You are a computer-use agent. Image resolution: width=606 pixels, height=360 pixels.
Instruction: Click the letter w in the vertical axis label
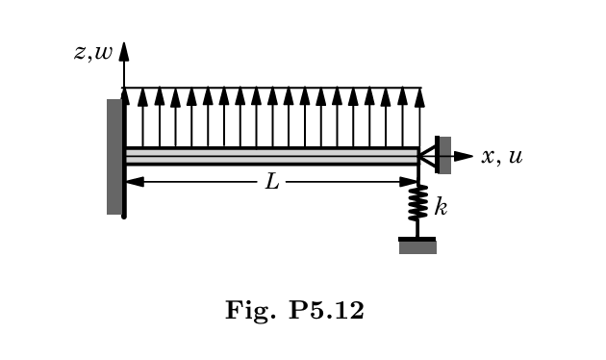102,52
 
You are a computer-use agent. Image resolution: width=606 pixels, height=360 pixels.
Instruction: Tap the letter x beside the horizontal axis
489,156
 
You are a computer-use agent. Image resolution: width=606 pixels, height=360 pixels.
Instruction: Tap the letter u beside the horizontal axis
516,156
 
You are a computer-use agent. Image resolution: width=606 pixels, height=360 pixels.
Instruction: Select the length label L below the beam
272,181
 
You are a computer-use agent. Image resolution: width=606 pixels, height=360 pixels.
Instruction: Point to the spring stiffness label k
441,206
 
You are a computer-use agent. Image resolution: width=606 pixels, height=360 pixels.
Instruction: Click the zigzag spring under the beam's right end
417,204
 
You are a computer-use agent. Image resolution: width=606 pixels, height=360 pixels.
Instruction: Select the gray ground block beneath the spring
417,247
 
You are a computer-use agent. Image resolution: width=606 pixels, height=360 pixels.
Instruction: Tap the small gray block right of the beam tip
444,155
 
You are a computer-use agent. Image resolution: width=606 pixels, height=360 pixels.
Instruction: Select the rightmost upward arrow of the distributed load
417,116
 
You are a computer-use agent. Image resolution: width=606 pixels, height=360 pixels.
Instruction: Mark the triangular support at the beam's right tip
426,155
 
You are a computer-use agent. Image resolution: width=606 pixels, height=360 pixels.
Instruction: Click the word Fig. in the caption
247,311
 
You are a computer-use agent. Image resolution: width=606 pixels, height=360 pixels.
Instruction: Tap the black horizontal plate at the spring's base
417,238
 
